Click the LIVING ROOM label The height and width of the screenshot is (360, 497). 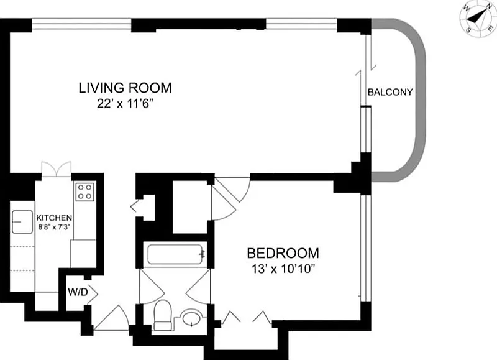(x=125, y=88)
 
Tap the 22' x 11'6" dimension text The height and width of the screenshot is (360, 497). (x=123, y=104)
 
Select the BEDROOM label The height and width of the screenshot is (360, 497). (x=283, y=254)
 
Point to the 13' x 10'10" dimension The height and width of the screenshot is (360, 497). (x=283, y=269)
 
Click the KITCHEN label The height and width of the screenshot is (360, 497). (x=54, y=218)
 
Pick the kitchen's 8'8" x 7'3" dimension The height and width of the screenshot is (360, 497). (x=54, y=227)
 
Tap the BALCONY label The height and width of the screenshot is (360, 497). (x=390, y=92)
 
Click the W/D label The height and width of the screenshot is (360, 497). (x=78, y=292)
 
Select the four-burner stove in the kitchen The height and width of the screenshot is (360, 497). (x=85, y=192)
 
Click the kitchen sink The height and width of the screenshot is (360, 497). (x=22, y=222)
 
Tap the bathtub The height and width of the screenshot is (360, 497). (x=175, y=254)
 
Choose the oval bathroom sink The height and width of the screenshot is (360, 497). (x=191, y=318)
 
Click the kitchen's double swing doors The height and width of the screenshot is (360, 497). (x=57, y=168)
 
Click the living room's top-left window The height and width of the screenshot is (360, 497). (x=81, y=25)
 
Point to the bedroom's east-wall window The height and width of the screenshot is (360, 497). (x=366, y=247)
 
